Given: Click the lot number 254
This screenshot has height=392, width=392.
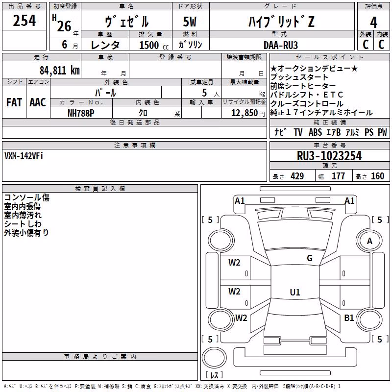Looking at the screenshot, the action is (24, 21).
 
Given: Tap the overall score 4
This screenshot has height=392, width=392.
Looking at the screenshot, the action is (373, 23).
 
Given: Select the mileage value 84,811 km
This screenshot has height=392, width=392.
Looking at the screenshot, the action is (60, 71).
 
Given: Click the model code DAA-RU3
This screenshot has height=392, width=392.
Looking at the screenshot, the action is (281, 45).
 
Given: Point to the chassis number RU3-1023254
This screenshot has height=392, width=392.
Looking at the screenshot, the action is (329, 156).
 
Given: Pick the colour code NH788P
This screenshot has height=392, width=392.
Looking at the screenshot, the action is (81, 113).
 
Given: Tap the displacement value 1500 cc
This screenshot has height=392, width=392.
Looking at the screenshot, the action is (154, 45).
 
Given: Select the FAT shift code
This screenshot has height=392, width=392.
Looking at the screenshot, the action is (14, 102).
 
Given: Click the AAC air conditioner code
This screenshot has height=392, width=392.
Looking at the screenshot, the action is (38, 102).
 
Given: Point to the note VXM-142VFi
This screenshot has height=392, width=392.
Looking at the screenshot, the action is (24, 156).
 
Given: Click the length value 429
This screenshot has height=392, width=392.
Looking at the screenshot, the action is (297, 176).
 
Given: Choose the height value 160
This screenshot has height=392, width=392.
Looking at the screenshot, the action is (377, 176).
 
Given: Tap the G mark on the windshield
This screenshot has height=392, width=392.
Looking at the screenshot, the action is (310, 258).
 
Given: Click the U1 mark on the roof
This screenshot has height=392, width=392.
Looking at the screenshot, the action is (295, 292).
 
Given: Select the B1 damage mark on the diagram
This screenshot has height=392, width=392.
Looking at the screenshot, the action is (349, 318).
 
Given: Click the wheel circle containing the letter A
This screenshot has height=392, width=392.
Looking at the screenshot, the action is (369, 241).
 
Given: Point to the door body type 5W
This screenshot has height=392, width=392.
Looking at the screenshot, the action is (190, 22).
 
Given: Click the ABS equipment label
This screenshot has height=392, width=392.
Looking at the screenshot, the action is (315, 132).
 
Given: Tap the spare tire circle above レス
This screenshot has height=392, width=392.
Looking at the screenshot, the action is (214, 358).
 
